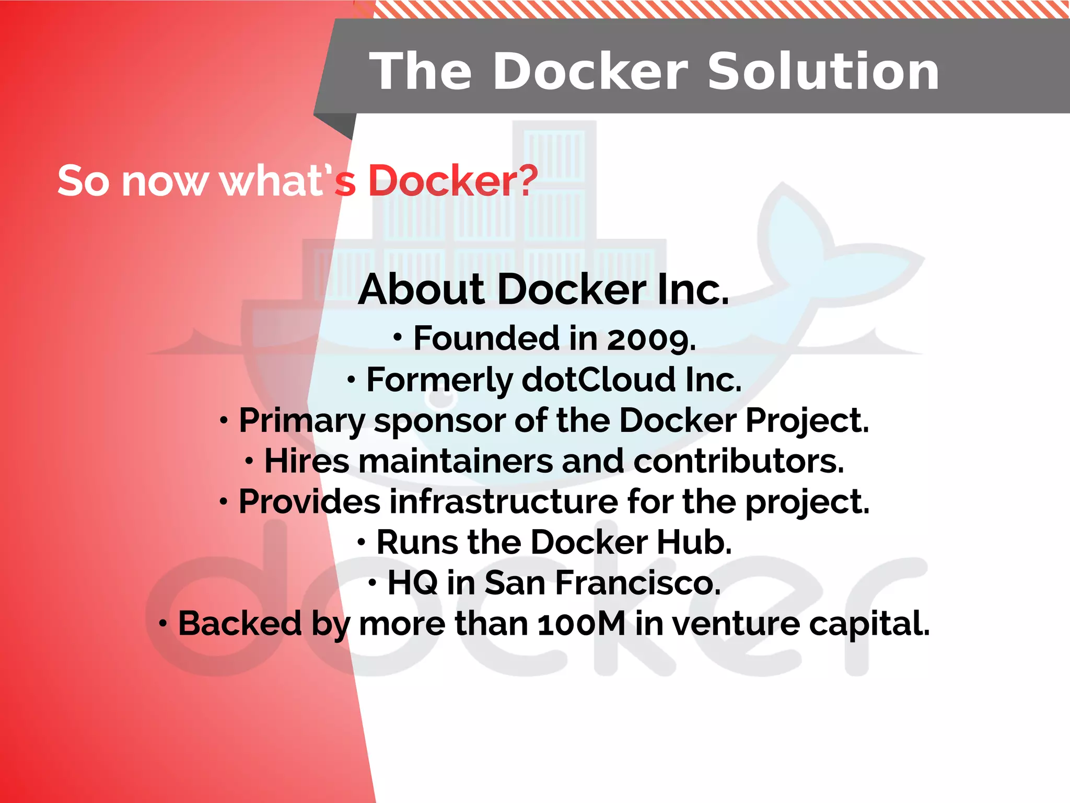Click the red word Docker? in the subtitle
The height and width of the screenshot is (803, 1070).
453,181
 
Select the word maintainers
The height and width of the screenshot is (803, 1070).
455,462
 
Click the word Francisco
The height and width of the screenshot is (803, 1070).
637,583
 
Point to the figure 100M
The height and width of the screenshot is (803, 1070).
581,624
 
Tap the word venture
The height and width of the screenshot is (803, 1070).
736,624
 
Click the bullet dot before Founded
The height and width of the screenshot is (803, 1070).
398,338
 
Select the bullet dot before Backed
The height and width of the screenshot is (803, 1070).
163,623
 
